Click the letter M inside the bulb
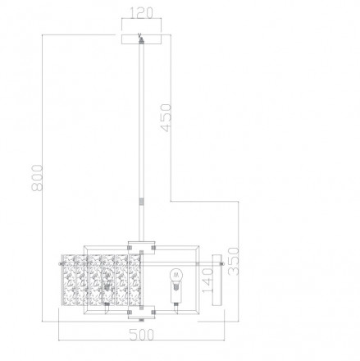point(174,274)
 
